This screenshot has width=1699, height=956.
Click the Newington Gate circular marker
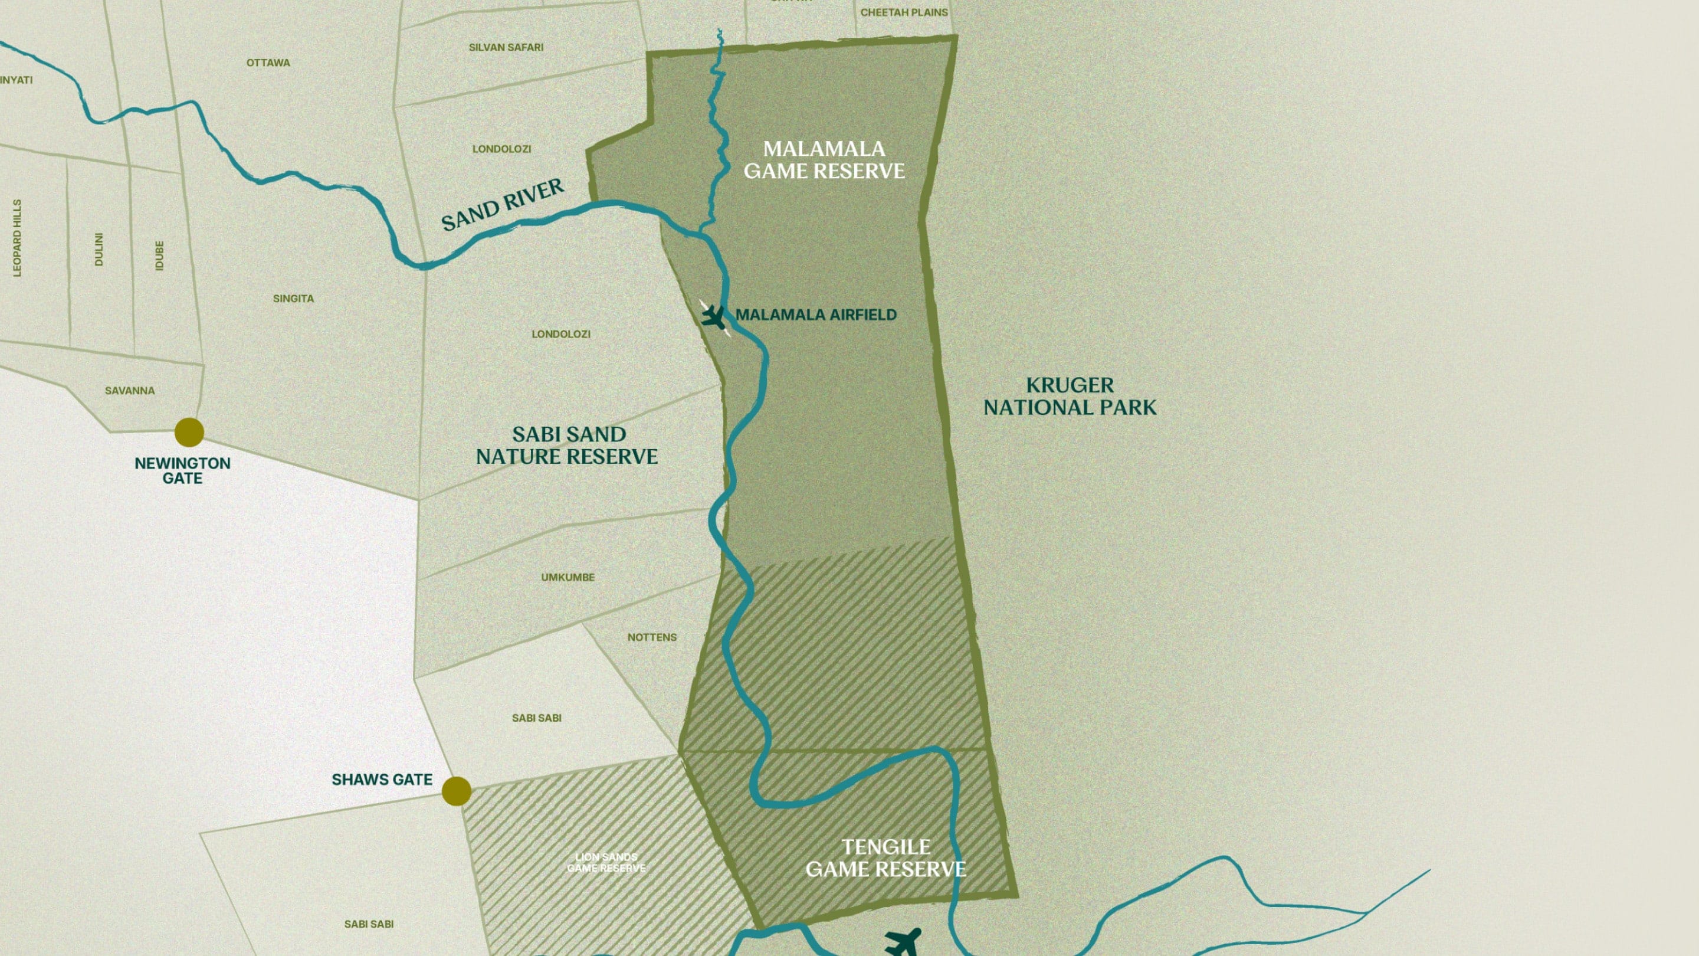click(189, 432)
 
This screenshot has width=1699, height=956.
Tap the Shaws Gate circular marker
click(457, 790)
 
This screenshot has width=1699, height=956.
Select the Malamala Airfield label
click(816, 315)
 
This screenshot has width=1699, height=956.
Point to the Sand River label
click(503, 205)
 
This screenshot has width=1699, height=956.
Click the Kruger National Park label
click(1070, 397)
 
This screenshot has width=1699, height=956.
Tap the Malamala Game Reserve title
click(824, 160)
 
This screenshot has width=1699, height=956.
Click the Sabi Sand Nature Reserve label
click(567, 446)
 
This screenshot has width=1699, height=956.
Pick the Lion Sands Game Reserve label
click(606, 862)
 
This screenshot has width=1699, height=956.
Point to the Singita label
click(294, 299)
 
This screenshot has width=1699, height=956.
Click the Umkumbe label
click(568, 577)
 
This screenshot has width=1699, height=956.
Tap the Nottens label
click(652, 637)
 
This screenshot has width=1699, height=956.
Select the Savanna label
click(130, 391)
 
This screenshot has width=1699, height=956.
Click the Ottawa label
click(268, 63)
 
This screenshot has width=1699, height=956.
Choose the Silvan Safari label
click(506, 47)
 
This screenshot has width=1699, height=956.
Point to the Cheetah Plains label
click(904, 12)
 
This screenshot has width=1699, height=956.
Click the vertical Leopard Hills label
click(17, 237)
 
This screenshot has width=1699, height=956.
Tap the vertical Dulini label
click(99, 250)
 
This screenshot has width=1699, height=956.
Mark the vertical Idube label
click(159, 256)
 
